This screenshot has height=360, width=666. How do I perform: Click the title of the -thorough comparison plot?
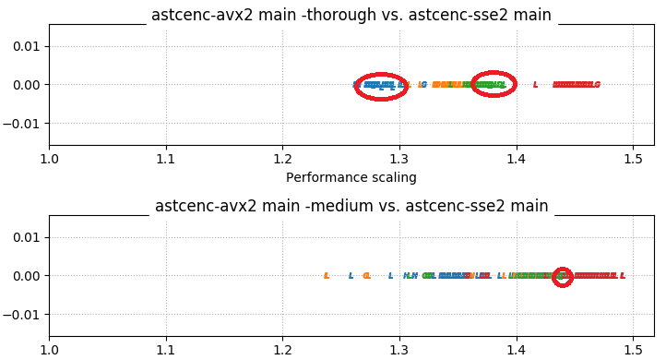tap(351, 15)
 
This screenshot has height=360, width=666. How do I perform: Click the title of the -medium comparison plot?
tap(351, 206)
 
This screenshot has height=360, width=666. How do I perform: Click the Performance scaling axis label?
tap(351, 177)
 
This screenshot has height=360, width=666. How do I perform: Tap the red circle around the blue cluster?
tap(380, 86)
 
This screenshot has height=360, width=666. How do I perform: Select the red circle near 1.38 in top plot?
tap(494, 84)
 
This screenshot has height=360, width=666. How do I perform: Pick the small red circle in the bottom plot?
tap(563, 276)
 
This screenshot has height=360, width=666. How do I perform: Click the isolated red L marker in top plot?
tap(535, 85)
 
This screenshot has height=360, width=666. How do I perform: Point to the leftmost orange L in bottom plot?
tap(327, 276)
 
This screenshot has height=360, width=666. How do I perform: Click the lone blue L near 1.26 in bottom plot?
tap(351, 276)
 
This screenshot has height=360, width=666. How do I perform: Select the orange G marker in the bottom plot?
tap(366, 276)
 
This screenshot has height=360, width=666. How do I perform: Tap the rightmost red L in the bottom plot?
tap(623, 276)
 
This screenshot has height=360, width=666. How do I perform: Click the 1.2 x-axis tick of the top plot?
tap(282, 158)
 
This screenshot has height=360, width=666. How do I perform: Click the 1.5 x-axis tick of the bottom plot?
tap(633, 349)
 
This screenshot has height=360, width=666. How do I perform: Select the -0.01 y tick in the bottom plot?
tap(23, 315)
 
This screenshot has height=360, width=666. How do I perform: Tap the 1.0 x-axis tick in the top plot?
tap(49, 158)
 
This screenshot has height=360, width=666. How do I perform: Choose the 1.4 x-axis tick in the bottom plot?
tap(517, 349)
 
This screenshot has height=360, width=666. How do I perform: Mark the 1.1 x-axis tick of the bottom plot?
tap(166, 349)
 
